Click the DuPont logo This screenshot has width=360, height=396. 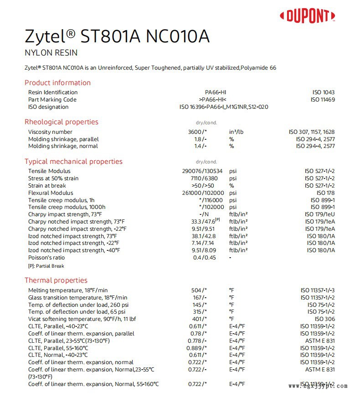click(x=308, y=16)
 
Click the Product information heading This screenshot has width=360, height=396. click(x=57, y=83)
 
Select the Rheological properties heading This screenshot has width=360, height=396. click(x=61, y=122)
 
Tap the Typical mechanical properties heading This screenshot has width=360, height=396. click(x=73, y=162)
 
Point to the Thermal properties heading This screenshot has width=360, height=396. click(x=56, y=280)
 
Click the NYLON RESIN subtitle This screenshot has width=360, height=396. click(x=51, y=53)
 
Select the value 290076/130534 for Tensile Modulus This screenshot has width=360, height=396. click(x=202, y=171)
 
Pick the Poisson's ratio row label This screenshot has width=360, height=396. click(x=46, y=258)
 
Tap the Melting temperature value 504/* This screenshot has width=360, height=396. click(x=198, y=290)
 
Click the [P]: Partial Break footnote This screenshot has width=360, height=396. click(x=46, y=266)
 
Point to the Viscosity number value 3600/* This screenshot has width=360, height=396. click(x=198, y=132)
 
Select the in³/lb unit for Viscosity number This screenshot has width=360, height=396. click(x=237, y=132)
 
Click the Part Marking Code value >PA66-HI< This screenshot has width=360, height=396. click(x=213, y=100)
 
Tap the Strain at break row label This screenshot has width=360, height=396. click(x=47, y=186)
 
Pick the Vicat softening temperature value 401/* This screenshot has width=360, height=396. click(x=198, y=319)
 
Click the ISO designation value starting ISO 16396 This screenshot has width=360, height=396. click(x=224, y=107)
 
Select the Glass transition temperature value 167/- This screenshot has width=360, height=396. click(x=198, y=297)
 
